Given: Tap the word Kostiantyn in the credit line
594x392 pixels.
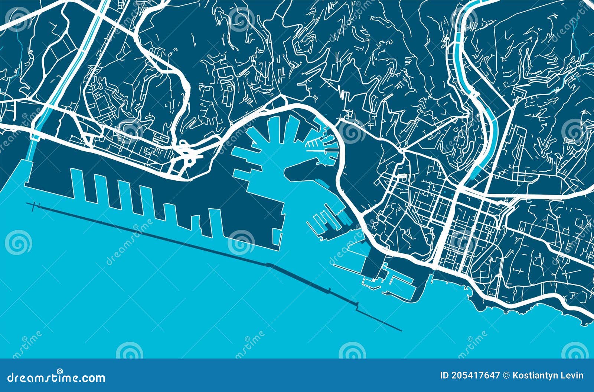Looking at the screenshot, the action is click(x=540, y=375).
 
